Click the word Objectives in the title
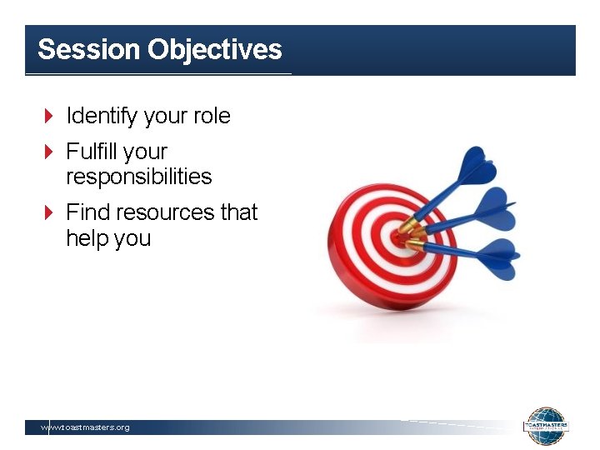pyautogui.click(x=215, y=50)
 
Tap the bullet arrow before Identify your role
pyautogui.click(x=48, y=116)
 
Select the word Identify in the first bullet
pyautogui.click(x=102, y=116)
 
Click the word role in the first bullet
pyautogui.click(x=212, y=116)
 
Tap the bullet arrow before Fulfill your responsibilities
pyautogui.click(x=48, y=152)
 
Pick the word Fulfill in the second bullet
pyautogui.click(x=92, y=152)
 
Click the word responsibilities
pyautogui.click(x=139, y=177)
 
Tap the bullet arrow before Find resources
pyautogui.click(x=48, y=212)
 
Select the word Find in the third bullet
pyautogui.click(x=87, y=212)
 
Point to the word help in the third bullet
pyautogui.click(x=86, y=238)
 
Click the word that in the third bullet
pyautogui.click(x=239, y=212)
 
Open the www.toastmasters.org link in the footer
pyautogui.click(x=86, y=427)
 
